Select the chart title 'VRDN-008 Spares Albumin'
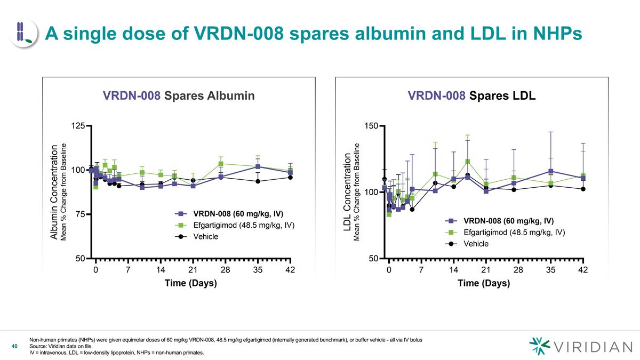pyautogui.click(x=178, y=96)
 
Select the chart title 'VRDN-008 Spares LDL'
pyautogui.click(x=471, y=96)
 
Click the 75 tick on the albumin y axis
pyautogui.click(x=79, y=214)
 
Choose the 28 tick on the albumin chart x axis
pyautogui.click(x=225, y=270)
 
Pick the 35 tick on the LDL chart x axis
pyautogui.click(x=550, y=270)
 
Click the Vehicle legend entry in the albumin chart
pyautogui.click(x=205, y=236)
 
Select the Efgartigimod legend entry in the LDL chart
pyautogui.click(x=514, y=232)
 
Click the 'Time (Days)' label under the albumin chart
pyautogui.click(x=190, y=283)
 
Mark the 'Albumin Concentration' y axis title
pyautogui.click(x=54, y=191)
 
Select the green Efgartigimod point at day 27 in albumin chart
pyautogui.click(x=221, y=164)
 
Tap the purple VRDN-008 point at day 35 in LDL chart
pyautogui.click(x=550, y=171)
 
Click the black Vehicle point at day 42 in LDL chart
pyautogui.click(x=583, y=189)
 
